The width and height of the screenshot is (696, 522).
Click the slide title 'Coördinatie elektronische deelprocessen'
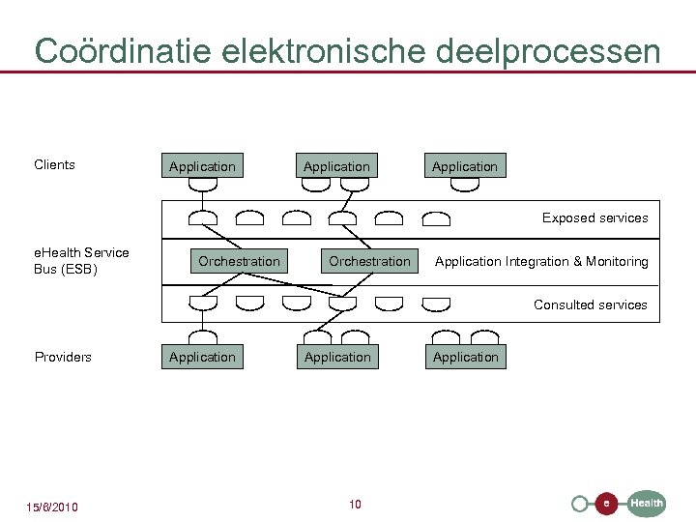pyautogui.click(x=347, y=50)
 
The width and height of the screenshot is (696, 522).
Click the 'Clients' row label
pyautogui.click(x=54, y=164)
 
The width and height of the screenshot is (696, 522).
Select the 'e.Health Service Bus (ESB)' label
pyautogui.click(x=81, y=261)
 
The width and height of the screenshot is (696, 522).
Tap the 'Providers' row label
pyautogui.click(x=63, y=357)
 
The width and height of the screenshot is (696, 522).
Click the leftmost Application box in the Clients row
pyautogui.click(x=202, y=166)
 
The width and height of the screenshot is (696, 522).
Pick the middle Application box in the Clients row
pyautogui.click(x=336, y=166)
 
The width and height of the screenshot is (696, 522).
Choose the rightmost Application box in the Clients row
pyautogui.click(x=465, y=166)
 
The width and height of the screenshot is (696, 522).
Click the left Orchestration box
pyautogui.click(x=239, y=261)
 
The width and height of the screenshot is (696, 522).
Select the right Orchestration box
pyautogui.click(x=369, y=261)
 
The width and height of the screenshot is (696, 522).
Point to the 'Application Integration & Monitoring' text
pyautogui.click(x=541, y=261)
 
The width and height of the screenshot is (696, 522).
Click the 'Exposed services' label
pyautogui.click(x=594, y=217)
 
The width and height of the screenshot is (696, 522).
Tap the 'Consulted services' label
pyautogui.click(x=590, y=304)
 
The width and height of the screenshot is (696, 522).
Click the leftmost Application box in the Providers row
pyautogui.click(x=202, y=357)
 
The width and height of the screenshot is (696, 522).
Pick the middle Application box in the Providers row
pyautogui.click(x=337, y=357)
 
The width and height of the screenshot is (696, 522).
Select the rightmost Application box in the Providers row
pyautogui.click(x=466, y=357)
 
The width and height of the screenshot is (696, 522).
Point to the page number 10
pyautogui.click(x=355, y=504)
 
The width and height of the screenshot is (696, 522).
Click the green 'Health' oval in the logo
pyautogui.click(x=647, y=503)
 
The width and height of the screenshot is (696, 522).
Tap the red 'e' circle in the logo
pyautogui.click(x=606, y=504)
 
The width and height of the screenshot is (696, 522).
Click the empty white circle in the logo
pyautogui.click(x=579, y=504)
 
